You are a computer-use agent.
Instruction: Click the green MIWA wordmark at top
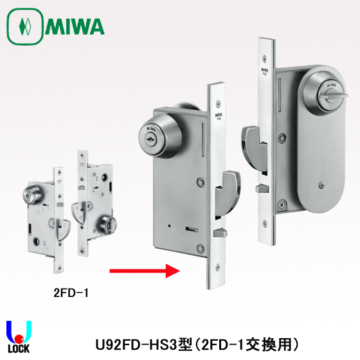coord(75,26)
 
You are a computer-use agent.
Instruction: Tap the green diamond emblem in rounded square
coord(25,26)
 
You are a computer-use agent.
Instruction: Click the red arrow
coord(145,271)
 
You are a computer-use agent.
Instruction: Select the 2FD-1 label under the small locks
coord(71,292)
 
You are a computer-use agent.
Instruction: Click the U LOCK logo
coord(19,337)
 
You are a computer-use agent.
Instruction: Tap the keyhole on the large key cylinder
coord(150,138)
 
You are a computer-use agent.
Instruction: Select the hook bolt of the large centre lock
coord(228,194)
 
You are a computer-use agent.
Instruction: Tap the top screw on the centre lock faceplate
coord(219,104)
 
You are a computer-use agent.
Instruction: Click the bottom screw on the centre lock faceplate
coord(218,267)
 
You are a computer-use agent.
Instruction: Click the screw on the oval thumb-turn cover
coord(321,185)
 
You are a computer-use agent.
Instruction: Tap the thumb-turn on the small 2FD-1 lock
coord(107,225)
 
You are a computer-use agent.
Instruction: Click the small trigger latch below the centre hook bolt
coord(220,233)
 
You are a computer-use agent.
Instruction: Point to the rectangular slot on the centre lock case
coord(192,229)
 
